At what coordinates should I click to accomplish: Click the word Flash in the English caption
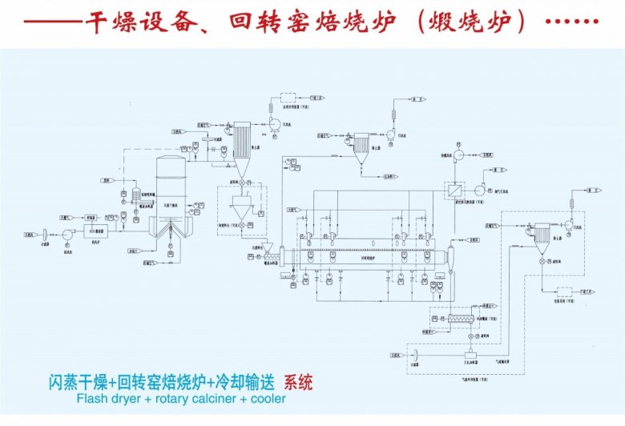(x=93, y=399)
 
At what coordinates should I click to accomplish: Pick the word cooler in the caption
(x=268, y=399)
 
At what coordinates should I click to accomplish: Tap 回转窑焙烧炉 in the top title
(x=312, y=22)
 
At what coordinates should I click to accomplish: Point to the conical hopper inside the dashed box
(x=237, y=212)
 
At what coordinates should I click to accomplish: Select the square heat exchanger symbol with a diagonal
(x=454, y=191)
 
